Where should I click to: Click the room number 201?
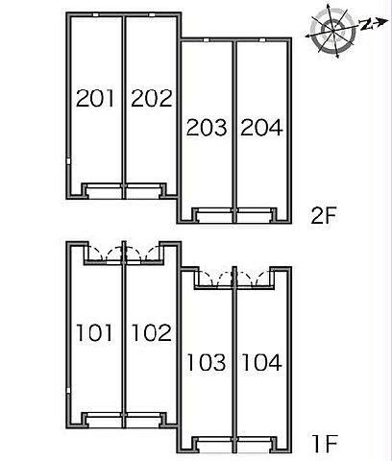[95, 98]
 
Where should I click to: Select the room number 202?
[152, 98]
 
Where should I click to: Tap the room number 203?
[207, 127]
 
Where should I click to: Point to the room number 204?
[261, 127]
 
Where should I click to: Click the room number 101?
[94, 332]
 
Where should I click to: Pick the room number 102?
[152, 332]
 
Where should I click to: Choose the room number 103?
[207, 362]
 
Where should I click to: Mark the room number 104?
[262, 362]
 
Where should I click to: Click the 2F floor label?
[324, 215]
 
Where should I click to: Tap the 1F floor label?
[325, 444]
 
